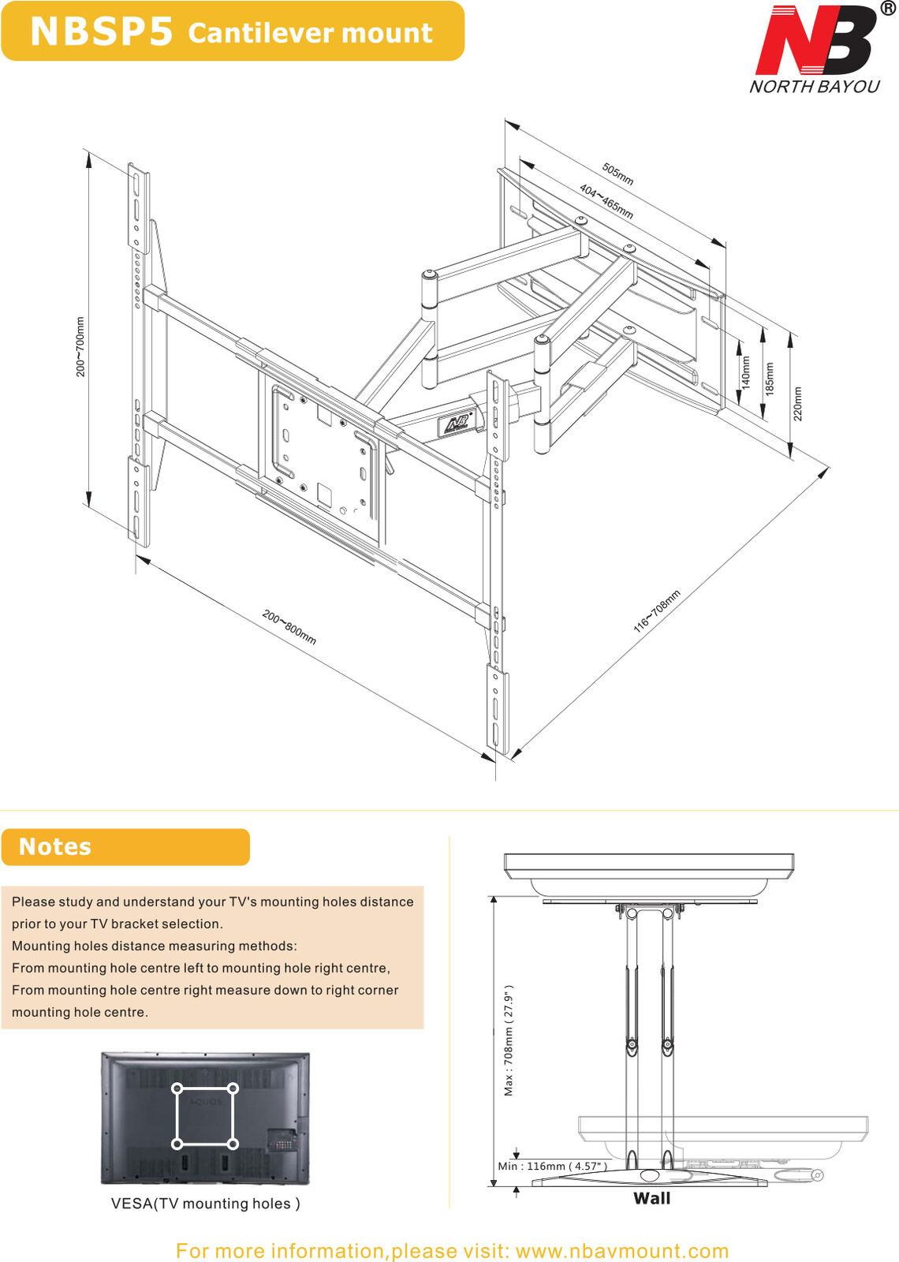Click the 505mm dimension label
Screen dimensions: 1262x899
point(617,174)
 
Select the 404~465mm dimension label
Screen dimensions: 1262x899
point(606,202)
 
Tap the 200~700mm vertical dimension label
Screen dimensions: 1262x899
point(80,346)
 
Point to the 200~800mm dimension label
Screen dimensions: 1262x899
point(289,627)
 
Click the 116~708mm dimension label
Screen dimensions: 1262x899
point(656,611)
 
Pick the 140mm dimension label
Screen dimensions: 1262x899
point(746,372)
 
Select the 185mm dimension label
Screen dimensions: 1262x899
point(770,379)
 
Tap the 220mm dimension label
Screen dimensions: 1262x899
point(797,403)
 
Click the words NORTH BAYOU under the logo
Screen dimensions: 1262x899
point(814,87)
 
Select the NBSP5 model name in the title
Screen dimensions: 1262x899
point(101,32)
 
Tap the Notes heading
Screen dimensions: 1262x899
point(55,846)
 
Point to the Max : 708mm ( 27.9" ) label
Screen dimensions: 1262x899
point(509,1040)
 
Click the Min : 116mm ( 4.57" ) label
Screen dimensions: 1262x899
point(552,1166)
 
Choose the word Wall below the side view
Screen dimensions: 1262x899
point(651,1198)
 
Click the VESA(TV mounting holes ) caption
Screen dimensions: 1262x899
point(205,1204)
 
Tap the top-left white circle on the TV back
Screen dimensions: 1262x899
point(177,1089)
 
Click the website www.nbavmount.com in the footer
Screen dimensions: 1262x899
point(621,1251)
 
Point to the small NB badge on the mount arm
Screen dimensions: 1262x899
point(456,424)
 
